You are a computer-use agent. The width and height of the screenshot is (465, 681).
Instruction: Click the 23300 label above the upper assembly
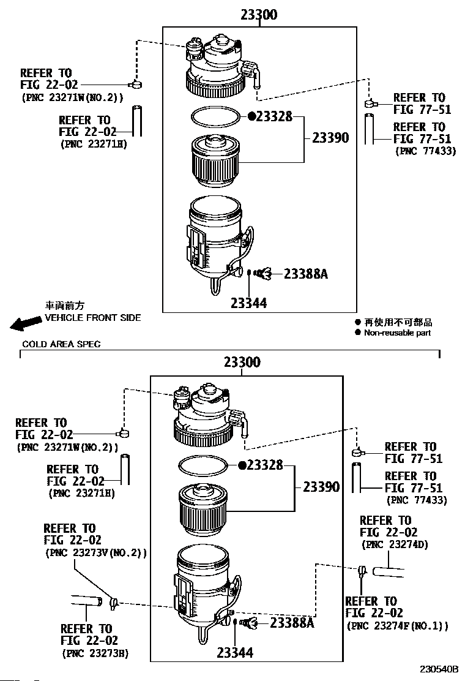259,15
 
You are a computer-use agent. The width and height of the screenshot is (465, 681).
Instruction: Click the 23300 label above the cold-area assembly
242,362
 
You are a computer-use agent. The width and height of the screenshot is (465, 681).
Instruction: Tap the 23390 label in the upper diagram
330,138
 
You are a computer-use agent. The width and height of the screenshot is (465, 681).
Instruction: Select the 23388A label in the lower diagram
292,623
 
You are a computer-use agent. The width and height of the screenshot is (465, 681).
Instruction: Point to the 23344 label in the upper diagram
248,303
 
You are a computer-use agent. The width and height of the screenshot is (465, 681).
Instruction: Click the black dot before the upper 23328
251,116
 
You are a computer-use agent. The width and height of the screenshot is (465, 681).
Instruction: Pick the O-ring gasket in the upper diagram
215,116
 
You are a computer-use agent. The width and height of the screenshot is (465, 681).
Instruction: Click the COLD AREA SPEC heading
61,344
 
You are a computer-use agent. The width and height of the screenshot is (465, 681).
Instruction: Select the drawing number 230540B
439,669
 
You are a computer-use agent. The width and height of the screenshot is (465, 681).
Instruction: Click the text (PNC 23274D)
395,544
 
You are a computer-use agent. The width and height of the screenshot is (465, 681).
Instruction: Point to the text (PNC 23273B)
95,653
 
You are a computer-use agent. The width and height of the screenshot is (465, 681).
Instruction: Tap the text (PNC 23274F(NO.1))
397,626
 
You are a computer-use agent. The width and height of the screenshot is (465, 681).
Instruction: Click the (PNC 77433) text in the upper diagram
425,151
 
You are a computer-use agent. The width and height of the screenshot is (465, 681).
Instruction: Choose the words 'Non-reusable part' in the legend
397,333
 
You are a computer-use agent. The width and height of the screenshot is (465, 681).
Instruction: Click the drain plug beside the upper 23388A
263,274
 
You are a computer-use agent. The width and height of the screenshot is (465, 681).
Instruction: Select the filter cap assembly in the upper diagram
221,67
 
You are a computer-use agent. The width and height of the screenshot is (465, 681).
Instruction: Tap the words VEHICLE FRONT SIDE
93,318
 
